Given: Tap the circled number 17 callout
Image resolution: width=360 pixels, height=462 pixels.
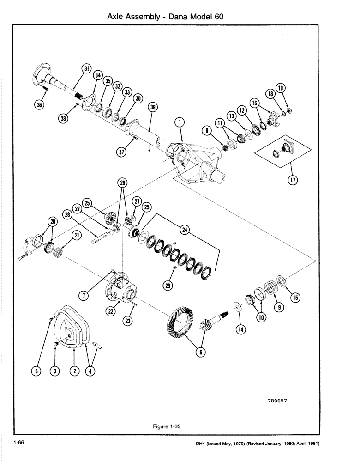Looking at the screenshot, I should click(291, 181).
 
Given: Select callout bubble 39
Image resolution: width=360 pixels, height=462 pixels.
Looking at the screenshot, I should click(153, 107).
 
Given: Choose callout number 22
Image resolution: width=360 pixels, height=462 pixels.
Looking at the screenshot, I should click(111, 312).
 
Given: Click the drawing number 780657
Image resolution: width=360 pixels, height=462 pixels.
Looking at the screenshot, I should click(280, 401).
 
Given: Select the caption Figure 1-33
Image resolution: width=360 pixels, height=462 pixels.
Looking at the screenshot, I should click(166, 426).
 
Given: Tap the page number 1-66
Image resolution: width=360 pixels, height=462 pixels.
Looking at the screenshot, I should click(19, 443).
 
